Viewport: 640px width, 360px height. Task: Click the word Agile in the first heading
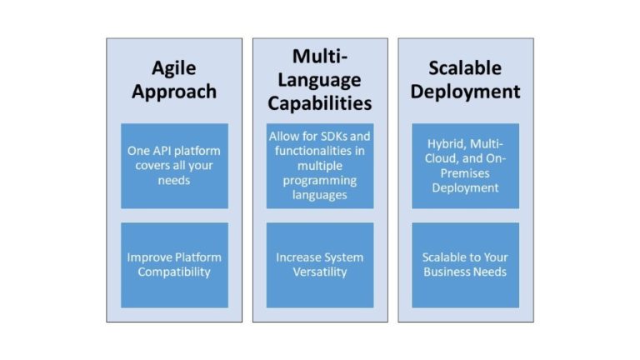tap(174, 67)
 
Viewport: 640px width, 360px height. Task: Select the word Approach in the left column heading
tap(174, 91)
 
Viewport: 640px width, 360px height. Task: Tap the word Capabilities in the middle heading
tap(320, 103)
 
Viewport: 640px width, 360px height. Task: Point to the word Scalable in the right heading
tap(465, 67)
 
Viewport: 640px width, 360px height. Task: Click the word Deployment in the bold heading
tap(465, 91)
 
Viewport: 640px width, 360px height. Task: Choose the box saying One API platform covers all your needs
tap(174, 166)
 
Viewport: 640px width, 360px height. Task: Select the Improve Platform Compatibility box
tap(174, 264)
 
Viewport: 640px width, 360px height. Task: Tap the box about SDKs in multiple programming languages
tap(320, 166)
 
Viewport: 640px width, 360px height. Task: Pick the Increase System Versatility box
tap(320, 264)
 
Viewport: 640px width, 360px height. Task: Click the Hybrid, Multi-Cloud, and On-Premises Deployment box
tap(465, 166)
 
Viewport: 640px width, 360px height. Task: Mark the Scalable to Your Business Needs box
tap(465, 264)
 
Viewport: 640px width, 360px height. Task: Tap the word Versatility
tap(320, 272)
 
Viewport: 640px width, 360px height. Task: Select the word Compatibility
tap(174, 272)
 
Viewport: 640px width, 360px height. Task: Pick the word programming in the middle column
tap(320, 181)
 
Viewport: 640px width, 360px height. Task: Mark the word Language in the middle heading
tap(320, 80)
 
